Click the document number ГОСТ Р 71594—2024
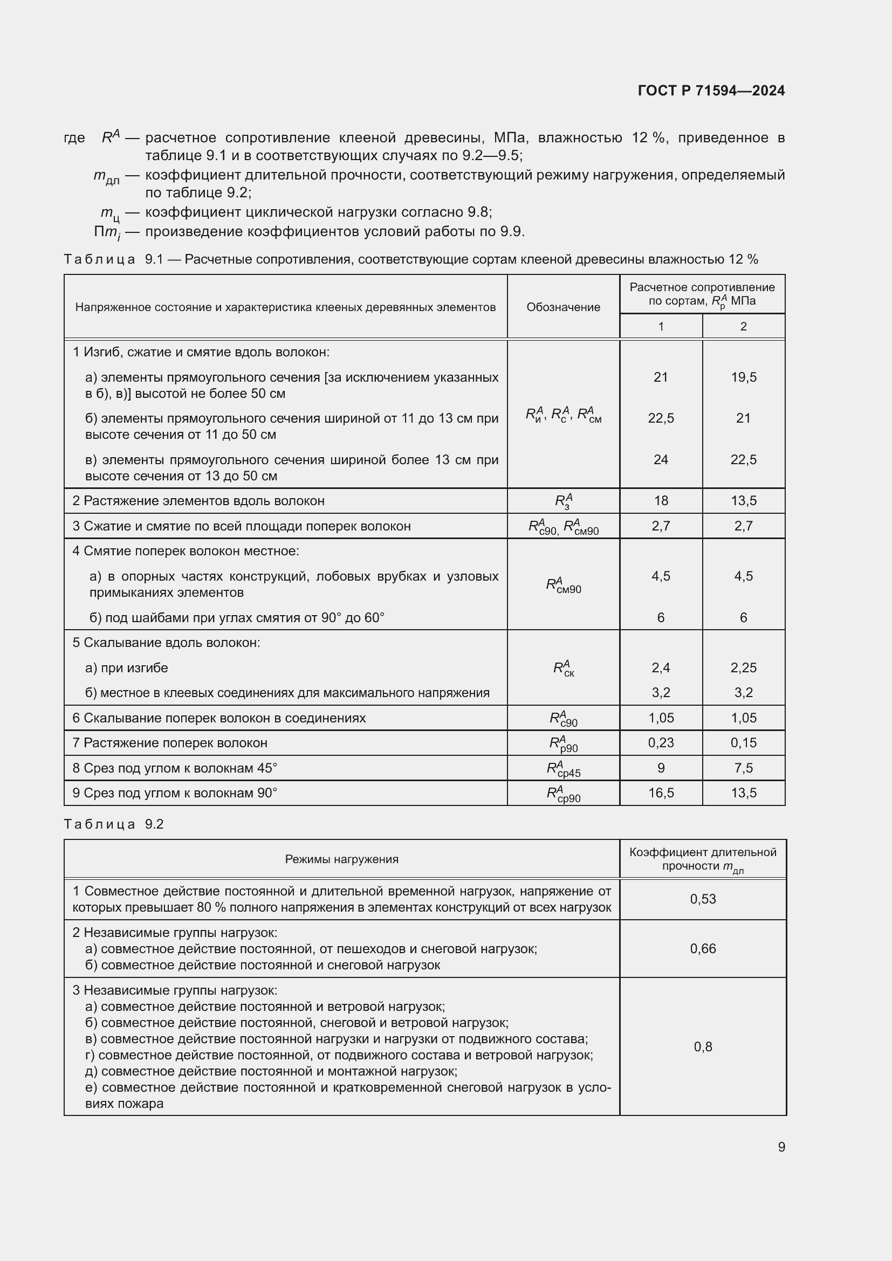tap(711, 91)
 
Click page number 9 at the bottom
tap(781, 1147)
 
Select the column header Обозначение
tap(563, 307)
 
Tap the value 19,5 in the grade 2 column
tap(743, 377)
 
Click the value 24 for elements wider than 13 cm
tap(660, 459)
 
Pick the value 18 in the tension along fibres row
tap(661, 500)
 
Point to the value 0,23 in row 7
tap(660, 742)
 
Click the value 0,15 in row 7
tap(743, 742)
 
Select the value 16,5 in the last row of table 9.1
tap(661, 793)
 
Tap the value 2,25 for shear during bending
tap(743, 667)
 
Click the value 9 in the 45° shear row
tap(661, 768)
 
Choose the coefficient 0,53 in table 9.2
tap(703, 899)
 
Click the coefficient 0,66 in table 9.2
tap(703, 948)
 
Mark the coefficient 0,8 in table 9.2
tap(703, 1046)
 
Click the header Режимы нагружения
tap(341, 859)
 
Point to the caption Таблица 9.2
tap(114, 824)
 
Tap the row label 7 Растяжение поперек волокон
tap(170, 742)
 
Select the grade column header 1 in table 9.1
tap(661, 326)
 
